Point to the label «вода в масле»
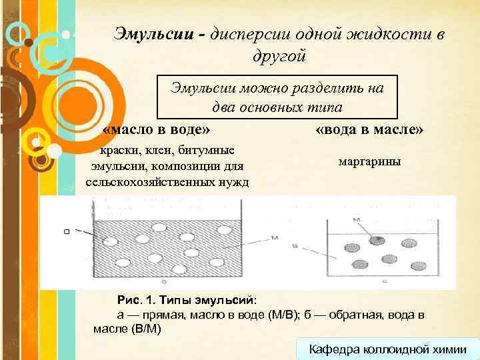coord(369,127)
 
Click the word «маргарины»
coord(369,162)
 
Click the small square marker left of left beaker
coord(67,231)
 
